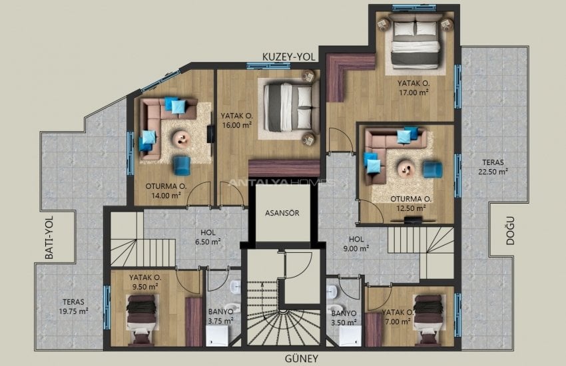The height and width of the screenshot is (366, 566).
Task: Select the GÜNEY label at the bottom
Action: [x=283, y=357]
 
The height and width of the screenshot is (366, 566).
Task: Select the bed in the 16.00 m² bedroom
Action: [x=287, y=106]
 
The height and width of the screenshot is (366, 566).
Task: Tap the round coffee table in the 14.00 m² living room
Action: [x=180, y=138]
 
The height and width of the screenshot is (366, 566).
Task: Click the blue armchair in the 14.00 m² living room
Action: [x=181, y=165]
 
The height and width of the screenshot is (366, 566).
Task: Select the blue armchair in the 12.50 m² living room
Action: [x=431, y=169]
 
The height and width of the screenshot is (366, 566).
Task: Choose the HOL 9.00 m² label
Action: [x=356, y=243]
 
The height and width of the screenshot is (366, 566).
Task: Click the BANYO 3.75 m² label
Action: [x=219, y=315]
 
